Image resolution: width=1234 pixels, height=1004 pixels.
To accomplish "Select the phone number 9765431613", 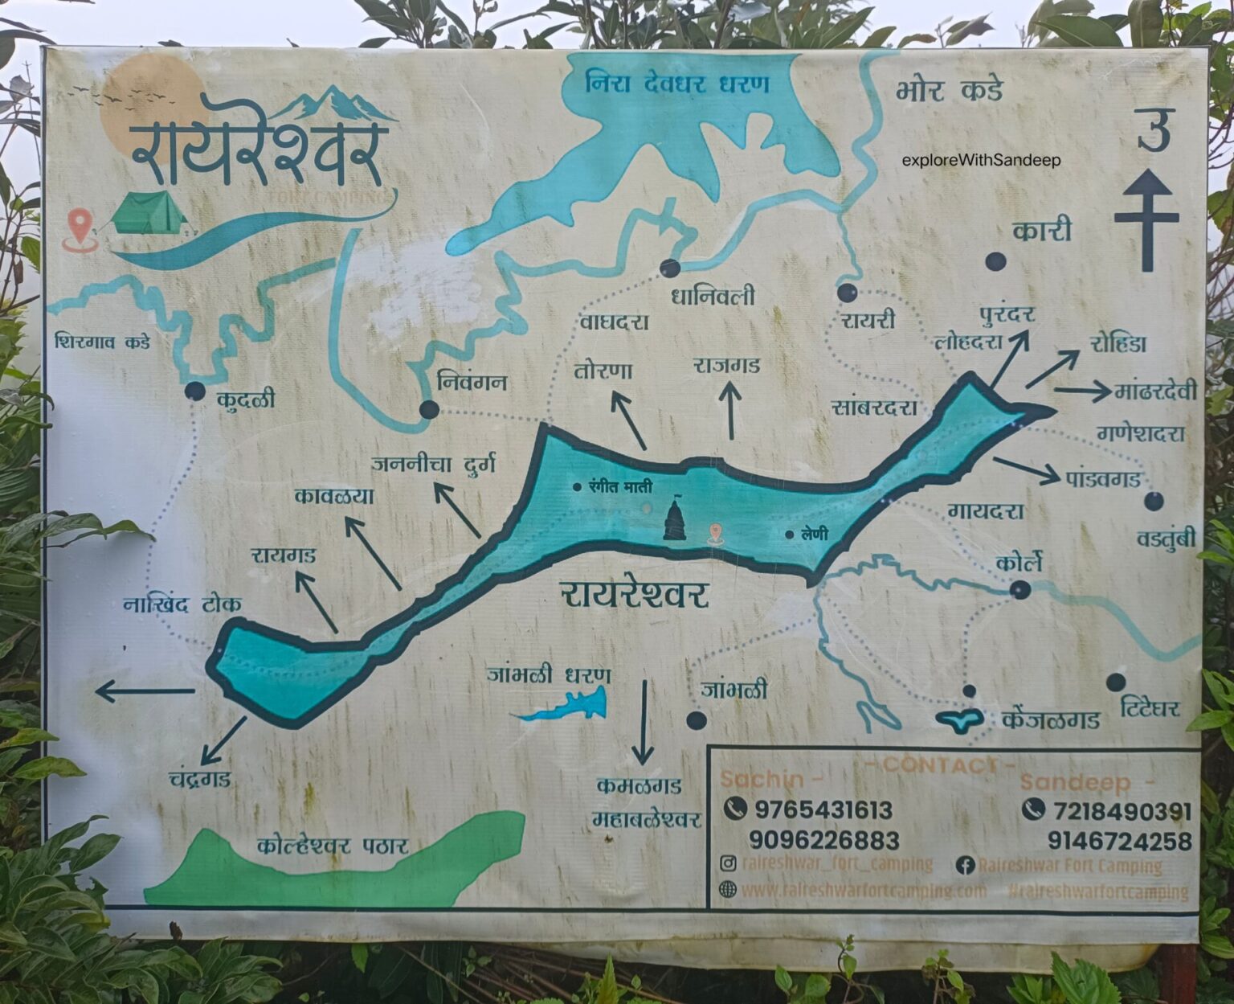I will tap(823, 809).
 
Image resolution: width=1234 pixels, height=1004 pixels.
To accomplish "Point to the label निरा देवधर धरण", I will tap(677, 83).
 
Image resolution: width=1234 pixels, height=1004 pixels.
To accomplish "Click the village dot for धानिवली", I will tap(670, 268).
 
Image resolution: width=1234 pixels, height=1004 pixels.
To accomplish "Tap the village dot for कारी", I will tap(996, 261).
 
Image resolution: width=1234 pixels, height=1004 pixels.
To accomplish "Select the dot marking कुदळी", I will tap(194, 391).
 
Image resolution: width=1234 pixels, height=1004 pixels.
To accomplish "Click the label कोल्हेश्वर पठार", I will tap(333, 846).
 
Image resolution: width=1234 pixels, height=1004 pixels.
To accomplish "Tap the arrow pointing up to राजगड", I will tap(731, 411).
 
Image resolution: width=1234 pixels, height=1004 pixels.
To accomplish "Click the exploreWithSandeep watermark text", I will tap(981, 160).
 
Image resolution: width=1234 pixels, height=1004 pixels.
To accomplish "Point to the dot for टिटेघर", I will tap(1115, 682).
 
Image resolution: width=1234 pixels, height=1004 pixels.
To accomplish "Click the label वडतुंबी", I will tap(1166, 539).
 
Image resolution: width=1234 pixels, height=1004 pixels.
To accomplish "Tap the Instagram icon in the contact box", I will tap(728, 864).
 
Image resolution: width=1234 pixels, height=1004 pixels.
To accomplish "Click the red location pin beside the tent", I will tap(78, 227).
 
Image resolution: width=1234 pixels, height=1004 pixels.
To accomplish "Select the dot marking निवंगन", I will tap(429, 410).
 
